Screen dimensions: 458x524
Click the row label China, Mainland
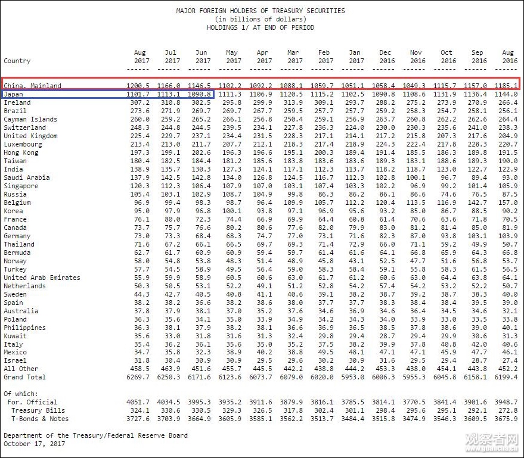coord(27,86)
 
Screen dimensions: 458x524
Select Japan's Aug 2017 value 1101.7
coord(137,94)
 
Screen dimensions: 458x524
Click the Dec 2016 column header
coord(386,57)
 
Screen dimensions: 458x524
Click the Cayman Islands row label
coord(30,119)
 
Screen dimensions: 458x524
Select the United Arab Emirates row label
coord(42,278)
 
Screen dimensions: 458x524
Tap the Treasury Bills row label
coord(38,411)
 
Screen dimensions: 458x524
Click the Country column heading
coord(17,61)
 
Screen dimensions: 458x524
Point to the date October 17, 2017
coord(34,444)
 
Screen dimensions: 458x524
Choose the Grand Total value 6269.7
coord(137,378)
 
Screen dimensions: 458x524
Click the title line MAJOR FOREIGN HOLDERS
coord(260,11)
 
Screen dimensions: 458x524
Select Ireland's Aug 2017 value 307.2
coord(139,102)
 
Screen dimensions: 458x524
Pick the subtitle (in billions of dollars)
coord(260,19)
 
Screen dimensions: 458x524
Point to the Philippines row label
coord(24,328)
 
